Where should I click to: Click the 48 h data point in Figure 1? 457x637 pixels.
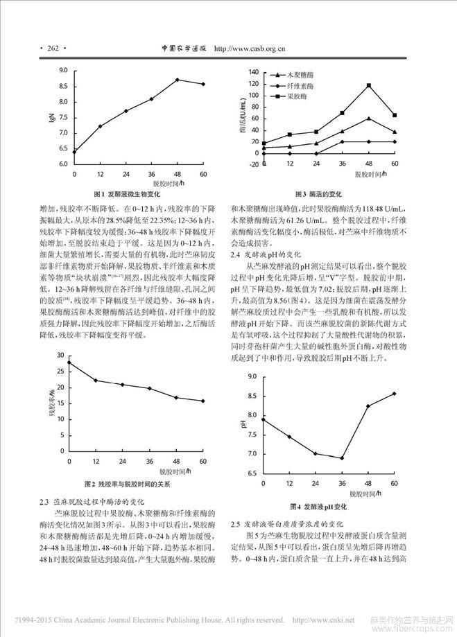tap(177, 80)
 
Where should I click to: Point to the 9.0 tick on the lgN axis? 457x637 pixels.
tap(62, 71)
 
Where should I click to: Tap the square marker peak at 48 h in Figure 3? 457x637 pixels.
tap(368, 85)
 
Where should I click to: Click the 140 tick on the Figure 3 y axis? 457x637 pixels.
tap(255, 72)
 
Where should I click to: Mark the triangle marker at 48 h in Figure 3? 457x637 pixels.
tap(368, 119)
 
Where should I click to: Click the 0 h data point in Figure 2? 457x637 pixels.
tap(69, 362)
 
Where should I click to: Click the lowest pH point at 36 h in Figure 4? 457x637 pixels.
tap(342, 457)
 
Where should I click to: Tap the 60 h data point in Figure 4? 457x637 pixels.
tap(395, 394)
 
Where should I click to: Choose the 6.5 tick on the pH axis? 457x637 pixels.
tap(251, 473)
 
